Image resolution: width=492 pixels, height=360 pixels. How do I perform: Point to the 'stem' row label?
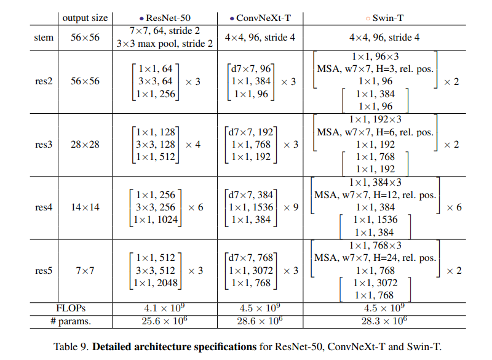click(44, 38)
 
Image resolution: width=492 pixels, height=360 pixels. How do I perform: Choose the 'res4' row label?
click(44, 207)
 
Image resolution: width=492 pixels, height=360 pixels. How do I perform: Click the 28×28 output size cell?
click(85, 145)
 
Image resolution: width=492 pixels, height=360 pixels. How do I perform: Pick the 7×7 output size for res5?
click(85, 271)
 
